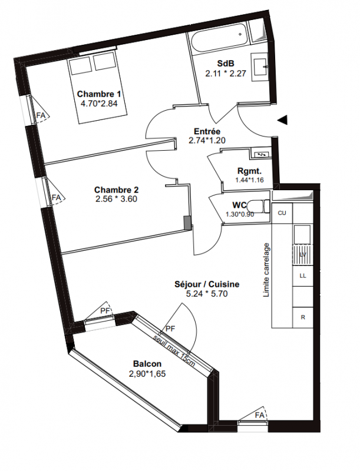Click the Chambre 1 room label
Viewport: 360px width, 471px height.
99,94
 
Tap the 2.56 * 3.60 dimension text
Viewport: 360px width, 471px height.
115,199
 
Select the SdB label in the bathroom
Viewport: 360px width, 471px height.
226,64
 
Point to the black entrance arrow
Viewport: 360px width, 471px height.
282,120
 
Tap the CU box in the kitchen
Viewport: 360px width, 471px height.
282,213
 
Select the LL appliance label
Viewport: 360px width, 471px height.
303,276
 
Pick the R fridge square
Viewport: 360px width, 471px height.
303,317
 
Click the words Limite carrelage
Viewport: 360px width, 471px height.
266,270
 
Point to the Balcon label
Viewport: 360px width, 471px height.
147,364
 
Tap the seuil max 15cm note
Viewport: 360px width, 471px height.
174,350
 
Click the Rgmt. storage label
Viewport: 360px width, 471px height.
249,171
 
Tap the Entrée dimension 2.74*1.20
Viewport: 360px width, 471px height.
207,140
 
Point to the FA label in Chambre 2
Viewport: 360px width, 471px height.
56,198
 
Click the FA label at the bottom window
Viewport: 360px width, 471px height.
259,415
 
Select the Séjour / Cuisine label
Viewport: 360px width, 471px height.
207,284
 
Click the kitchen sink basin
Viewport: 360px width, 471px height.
302,234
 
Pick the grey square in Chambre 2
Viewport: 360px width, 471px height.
187,223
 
